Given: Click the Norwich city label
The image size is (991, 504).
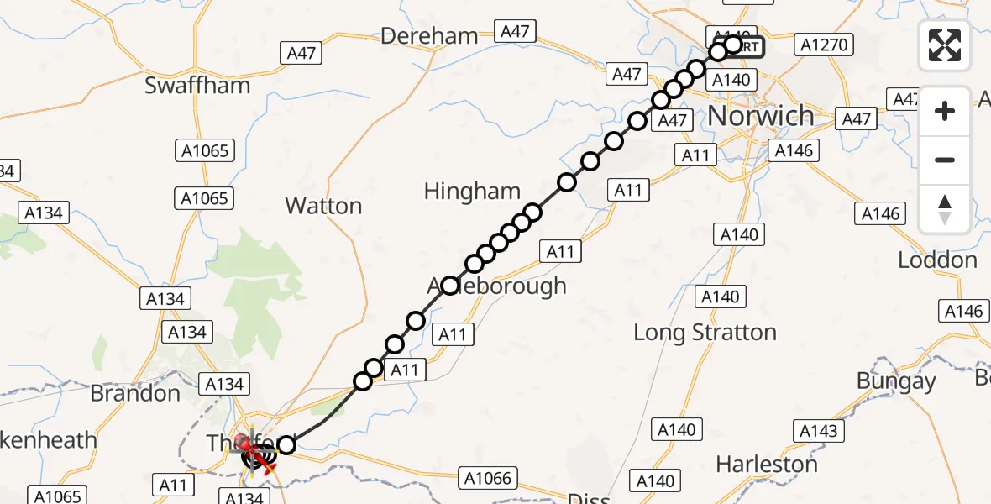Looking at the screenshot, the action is point(761,115).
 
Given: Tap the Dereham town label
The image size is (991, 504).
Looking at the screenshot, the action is point(429,36).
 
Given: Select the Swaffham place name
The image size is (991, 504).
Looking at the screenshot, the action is point(197,85).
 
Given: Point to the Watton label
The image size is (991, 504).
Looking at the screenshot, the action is point(323,206).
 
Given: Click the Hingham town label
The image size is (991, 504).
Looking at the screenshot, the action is point(472,191).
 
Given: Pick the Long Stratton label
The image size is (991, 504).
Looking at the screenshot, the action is point(705,333).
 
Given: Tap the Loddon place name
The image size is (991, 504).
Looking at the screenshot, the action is point(937,260).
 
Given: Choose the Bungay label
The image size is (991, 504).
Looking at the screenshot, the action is point(896,381).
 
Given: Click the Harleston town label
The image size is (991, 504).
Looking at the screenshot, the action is point(766,464).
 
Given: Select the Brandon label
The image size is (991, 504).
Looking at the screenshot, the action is point(135,393).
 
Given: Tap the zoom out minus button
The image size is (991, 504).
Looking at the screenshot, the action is point(945,160).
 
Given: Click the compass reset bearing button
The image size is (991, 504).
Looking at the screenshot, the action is point(945,209).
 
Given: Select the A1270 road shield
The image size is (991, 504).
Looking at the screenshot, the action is point(825,45).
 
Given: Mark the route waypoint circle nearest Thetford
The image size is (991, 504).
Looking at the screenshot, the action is point(286,444).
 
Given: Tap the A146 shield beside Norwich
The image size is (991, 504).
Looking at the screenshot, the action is point(794,151).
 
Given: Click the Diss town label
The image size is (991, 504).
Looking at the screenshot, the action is point(588,499).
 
